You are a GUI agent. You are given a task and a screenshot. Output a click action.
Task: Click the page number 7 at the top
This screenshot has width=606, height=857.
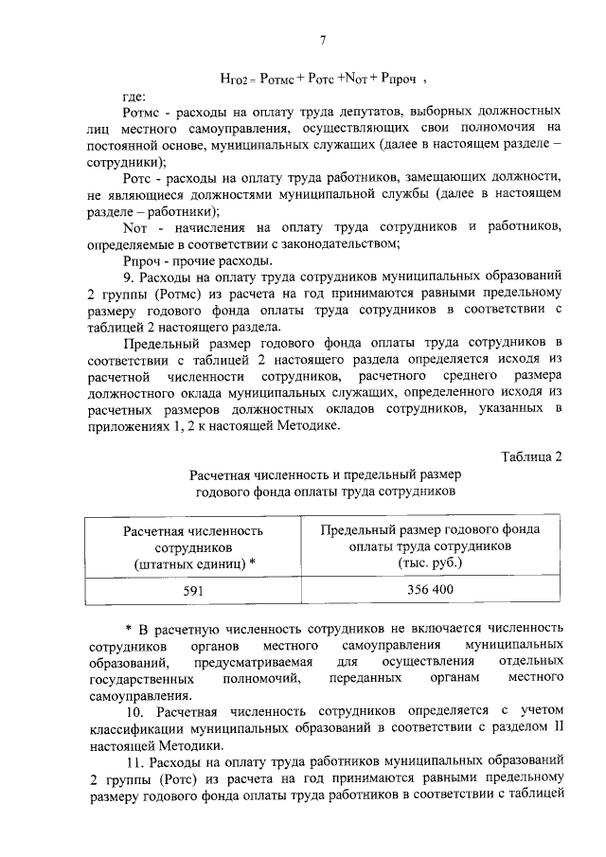322,39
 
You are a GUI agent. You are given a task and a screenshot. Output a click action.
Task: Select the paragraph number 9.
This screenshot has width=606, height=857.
130,277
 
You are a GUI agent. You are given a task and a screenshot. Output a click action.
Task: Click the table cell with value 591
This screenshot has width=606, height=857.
193,590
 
